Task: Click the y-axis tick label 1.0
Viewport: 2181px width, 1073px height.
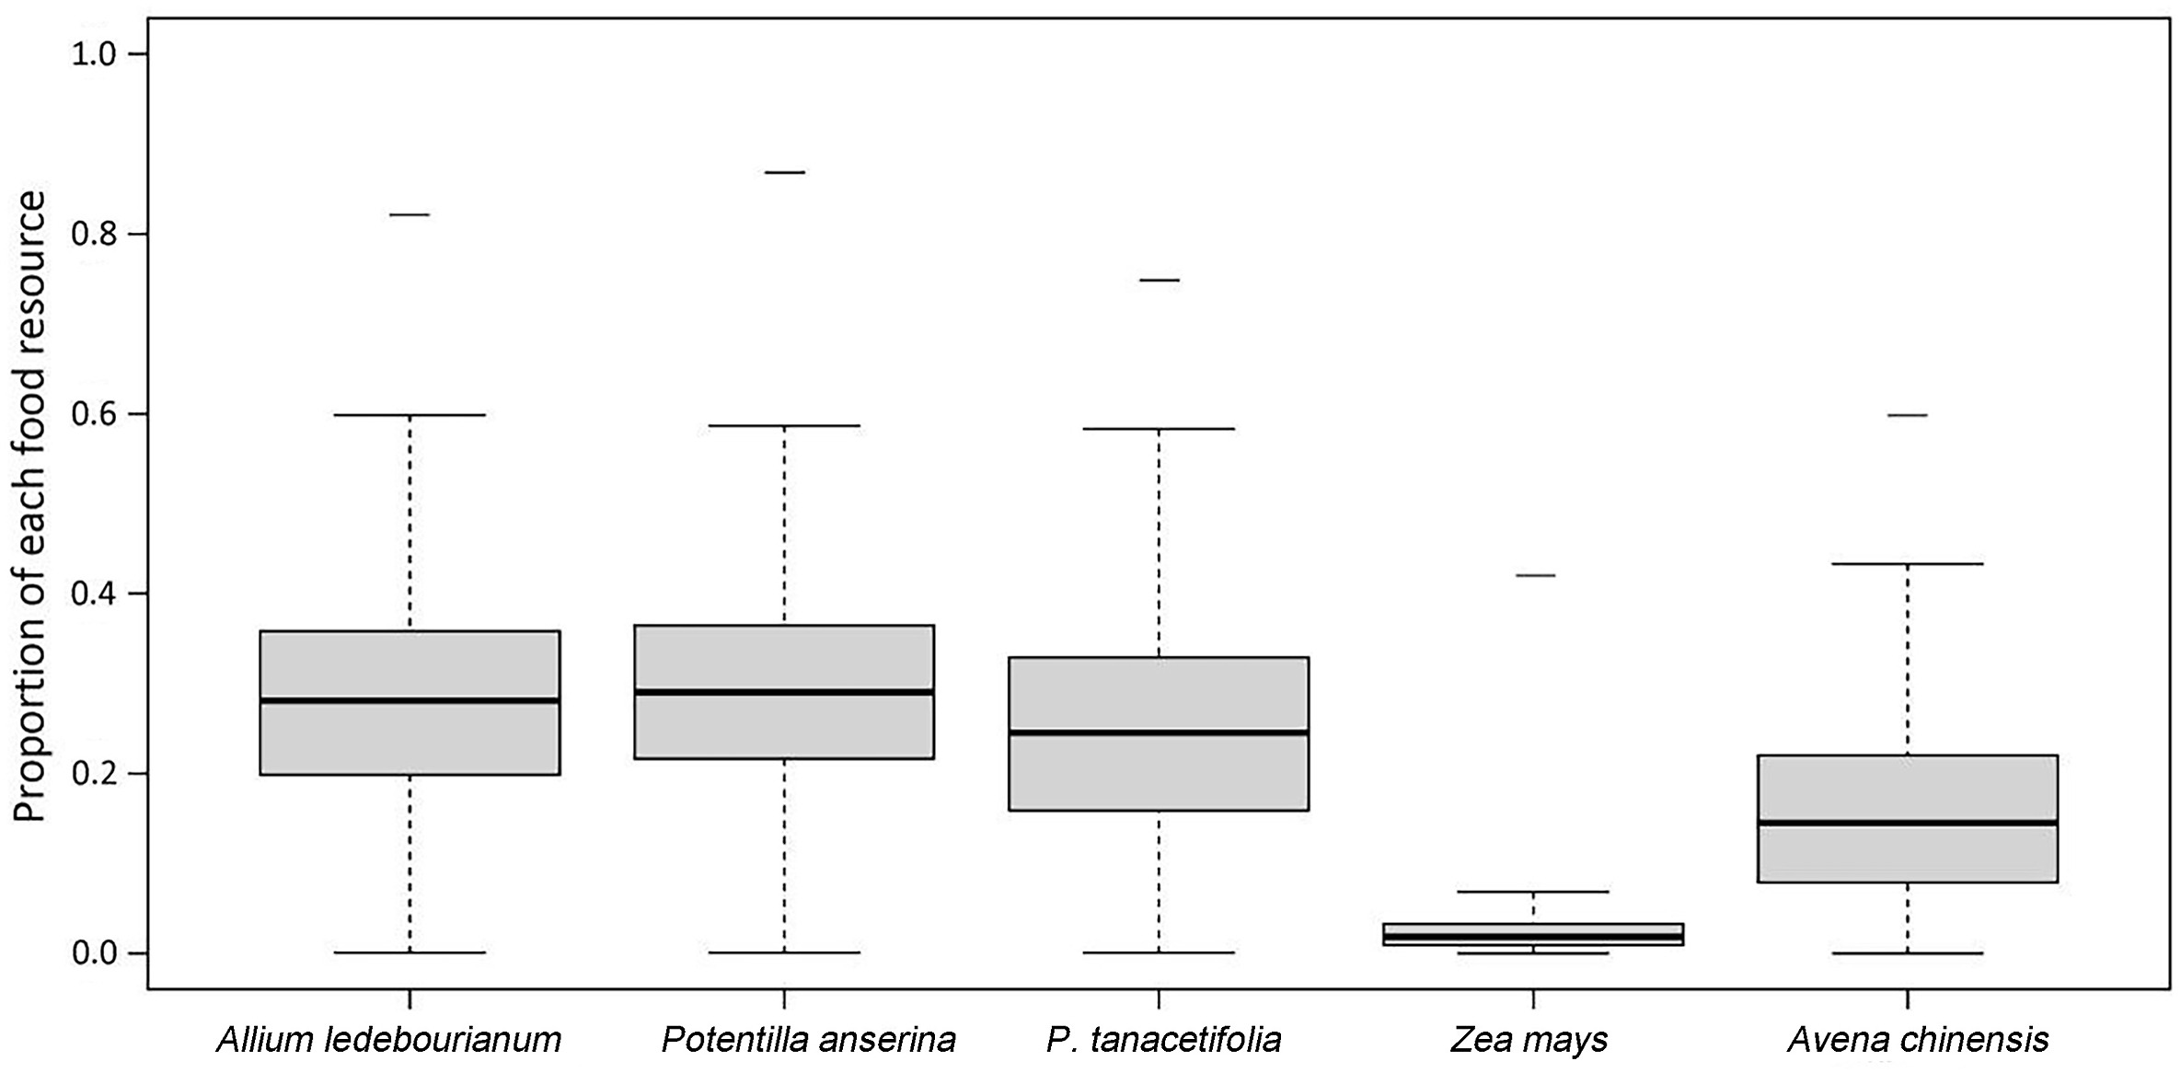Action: coord(96,55)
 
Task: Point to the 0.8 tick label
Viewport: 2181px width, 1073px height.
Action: coord(96,235)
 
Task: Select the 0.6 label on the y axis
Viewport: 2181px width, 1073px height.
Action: coord(96,414)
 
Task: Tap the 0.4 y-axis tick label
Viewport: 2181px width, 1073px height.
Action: coord(96,594)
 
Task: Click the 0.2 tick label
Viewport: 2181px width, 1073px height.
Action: coord(96,774)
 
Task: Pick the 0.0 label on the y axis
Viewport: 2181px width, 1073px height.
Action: coord(96,953)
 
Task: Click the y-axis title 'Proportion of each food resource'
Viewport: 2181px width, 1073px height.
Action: coord(29,506)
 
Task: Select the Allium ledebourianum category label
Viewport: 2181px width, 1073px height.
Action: coord(388,1040)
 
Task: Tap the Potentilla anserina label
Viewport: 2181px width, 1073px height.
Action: coord(809,1040)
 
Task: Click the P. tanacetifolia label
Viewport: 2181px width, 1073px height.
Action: coord(1163,1040)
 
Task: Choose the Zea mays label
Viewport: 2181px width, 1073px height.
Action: coord(1529,1040)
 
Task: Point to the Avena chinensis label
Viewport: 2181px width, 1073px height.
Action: coord(1918,1040)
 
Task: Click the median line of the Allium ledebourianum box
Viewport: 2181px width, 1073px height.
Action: coord(410,700)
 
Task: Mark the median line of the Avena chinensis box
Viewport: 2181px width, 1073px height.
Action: coord(1907,823)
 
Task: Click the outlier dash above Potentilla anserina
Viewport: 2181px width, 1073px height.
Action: coord(784,172)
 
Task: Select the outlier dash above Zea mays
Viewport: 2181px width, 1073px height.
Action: coord(1534,575)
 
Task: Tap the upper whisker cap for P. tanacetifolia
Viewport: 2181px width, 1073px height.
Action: coord(1159,429)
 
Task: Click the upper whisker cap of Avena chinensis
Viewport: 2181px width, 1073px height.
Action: coord(1907,563)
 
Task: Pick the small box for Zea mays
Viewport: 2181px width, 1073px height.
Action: coord(1533,934)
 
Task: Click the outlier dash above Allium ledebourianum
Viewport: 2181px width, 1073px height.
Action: coord(410,214)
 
